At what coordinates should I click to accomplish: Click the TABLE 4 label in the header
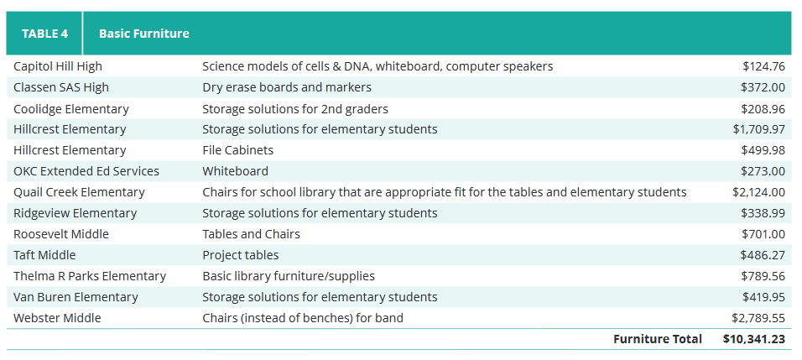point(44,34)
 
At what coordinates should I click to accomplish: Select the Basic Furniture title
point(143,34)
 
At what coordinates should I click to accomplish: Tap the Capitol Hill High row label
point(58,66)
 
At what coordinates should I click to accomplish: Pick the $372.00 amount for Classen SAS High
point(763,87)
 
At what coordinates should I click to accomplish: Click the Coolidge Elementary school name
point(71,109)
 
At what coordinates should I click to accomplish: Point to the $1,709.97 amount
point(758,129)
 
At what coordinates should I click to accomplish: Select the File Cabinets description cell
point(238,150)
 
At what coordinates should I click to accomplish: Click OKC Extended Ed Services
point(86,171)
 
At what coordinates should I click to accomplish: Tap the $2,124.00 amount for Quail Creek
point(758,192)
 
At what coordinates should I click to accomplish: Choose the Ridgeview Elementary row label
point(76,213)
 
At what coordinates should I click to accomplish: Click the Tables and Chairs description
point(251,234)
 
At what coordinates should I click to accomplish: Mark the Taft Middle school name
point(44,255)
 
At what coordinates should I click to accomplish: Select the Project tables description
point(241,255)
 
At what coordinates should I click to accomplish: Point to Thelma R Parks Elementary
point(90,276)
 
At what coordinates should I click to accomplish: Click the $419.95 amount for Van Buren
point(763,297)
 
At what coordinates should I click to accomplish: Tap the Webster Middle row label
point(57,318)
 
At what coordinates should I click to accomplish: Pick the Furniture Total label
point(658,339)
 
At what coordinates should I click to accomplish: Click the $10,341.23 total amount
point(754,339)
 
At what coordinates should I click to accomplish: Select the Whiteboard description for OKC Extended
point(235,171)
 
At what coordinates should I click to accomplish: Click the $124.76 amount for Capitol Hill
point(763,66)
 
